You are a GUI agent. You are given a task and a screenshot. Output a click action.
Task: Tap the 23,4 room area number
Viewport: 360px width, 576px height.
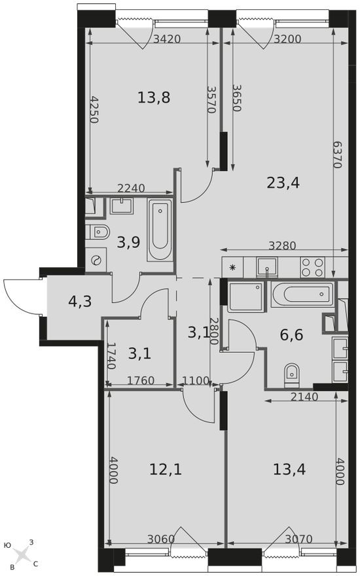point(283,183)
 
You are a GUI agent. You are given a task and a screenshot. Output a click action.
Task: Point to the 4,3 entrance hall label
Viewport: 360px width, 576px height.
point(79,302)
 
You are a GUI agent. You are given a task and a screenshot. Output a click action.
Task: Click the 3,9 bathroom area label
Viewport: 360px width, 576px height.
point(128,243)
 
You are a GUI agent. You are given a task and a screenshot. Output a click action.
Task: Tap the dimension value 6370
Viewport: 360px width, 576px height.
point(337,155)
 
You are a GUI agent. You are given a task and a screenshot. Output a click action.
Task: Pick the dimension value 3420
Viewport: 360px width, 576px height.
point(166,39)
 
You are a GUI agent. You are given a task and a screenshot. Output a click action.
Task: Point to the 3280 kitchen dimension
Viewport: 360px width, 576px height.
point(283,246)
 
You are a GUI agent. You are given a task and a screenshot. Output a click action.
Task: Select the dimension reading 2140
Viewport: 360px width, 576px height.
point(304,397)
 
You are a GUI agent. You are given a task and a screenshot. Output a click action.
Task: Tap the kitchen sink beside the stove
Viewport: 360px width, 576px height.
point(266,266)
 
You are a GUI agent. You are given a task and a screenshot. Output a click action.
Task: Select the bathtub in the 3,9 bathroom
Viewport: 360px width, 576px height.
point(160,230)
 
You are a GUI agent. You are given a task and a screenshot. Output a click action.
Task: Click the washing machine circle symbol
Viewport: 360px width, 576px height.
point(96,260)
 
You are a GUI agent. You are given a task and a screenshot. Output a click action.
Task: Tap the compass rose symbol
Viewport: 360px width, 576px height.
point(23,554)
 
